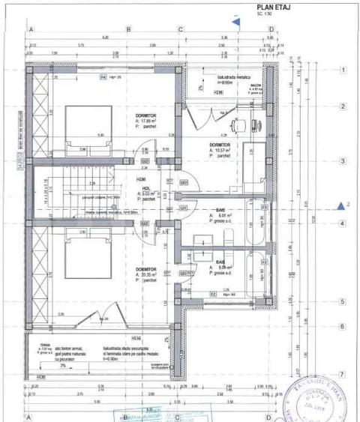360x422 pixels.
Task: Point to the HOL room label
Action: [x=139, y=189]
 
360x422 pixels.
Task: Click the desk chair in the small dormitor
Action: [x=238, y=124]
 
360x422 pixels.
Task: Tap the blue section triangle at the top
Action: [x=236, y=22]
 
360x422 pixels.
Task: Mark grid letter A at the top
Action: [x=31, y=31]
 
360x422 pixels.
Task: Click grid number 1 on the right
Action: [x=341, y=70]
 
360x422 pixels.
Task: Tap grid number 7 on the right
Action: [x=341, y=373]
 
